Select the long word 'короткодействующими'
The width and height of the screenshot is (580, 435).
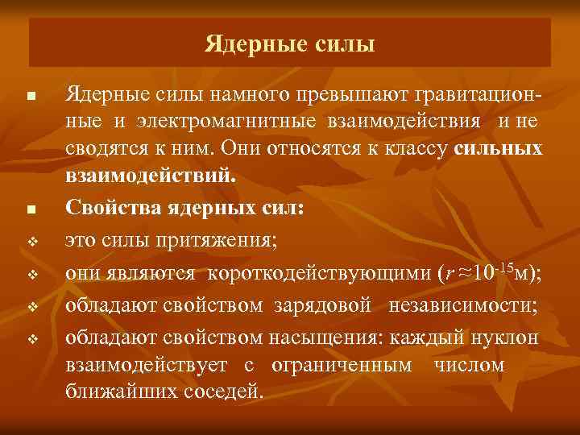[321, 273]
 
